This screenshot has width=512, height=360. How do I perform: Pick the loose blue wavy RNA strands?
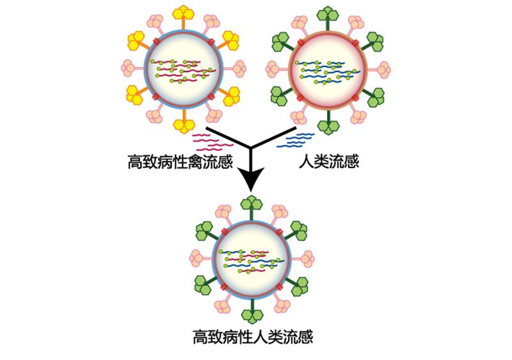click(298, 139)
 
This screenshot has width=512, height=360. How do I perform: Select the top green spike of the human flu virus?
click(329, 13)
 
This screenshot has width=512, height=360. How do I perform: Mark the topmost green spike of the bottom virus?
click(253, 204)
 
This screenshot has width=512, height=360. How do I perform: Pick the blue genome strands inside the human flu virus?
click(329, 72)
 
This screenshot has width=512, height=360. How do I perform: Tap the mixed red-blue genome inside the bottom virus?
click(253, 260)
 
